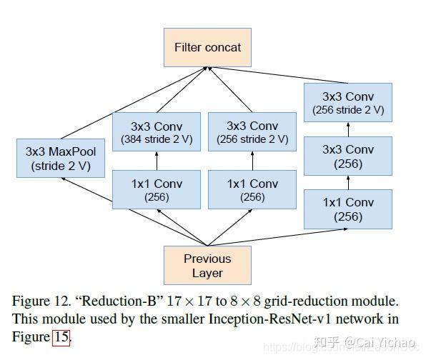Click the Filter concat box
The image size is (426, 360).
click(207, 47)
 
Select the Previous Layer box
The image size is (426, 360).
click(207, 265)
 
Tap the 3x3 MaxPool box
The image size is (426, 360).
click(60, 159)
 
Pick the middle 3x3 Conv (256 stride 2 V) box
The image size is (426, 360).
click(252, 132)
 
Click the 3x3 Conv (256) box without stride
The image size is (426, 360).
click(348, 156)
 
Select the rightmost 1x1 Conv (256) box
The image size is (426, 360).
click(348, 209)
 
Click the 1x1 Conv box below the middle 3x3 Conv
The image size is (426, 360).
click(252, 189)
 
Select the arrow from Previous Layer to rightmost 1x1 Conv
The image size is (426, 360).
click(279, 229)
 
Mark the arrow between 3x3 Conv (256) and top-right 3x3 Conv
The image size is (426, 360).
click(348, 129)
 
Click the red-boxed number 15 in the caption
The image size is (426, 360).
click(61, 336)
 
